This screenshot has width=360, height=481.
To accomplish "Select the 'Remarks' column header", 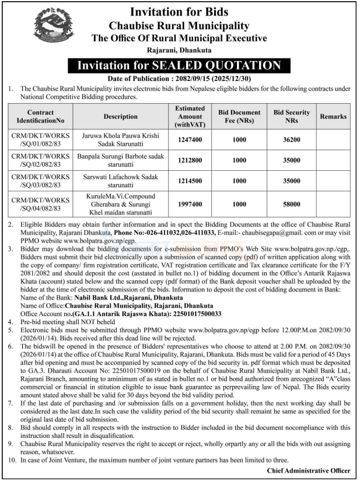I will (333, 117).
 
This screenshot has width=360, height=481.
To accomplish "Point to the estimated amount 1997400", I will (190, 205).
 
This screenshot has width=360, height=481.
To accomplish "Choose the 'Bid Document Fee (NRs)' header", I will (239, 117).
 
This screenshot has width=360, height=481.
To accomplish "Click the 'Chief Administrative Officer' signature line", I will (309, 471).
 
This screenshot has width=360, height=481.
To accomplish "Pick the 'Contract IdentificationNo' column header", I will (40, 117).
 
